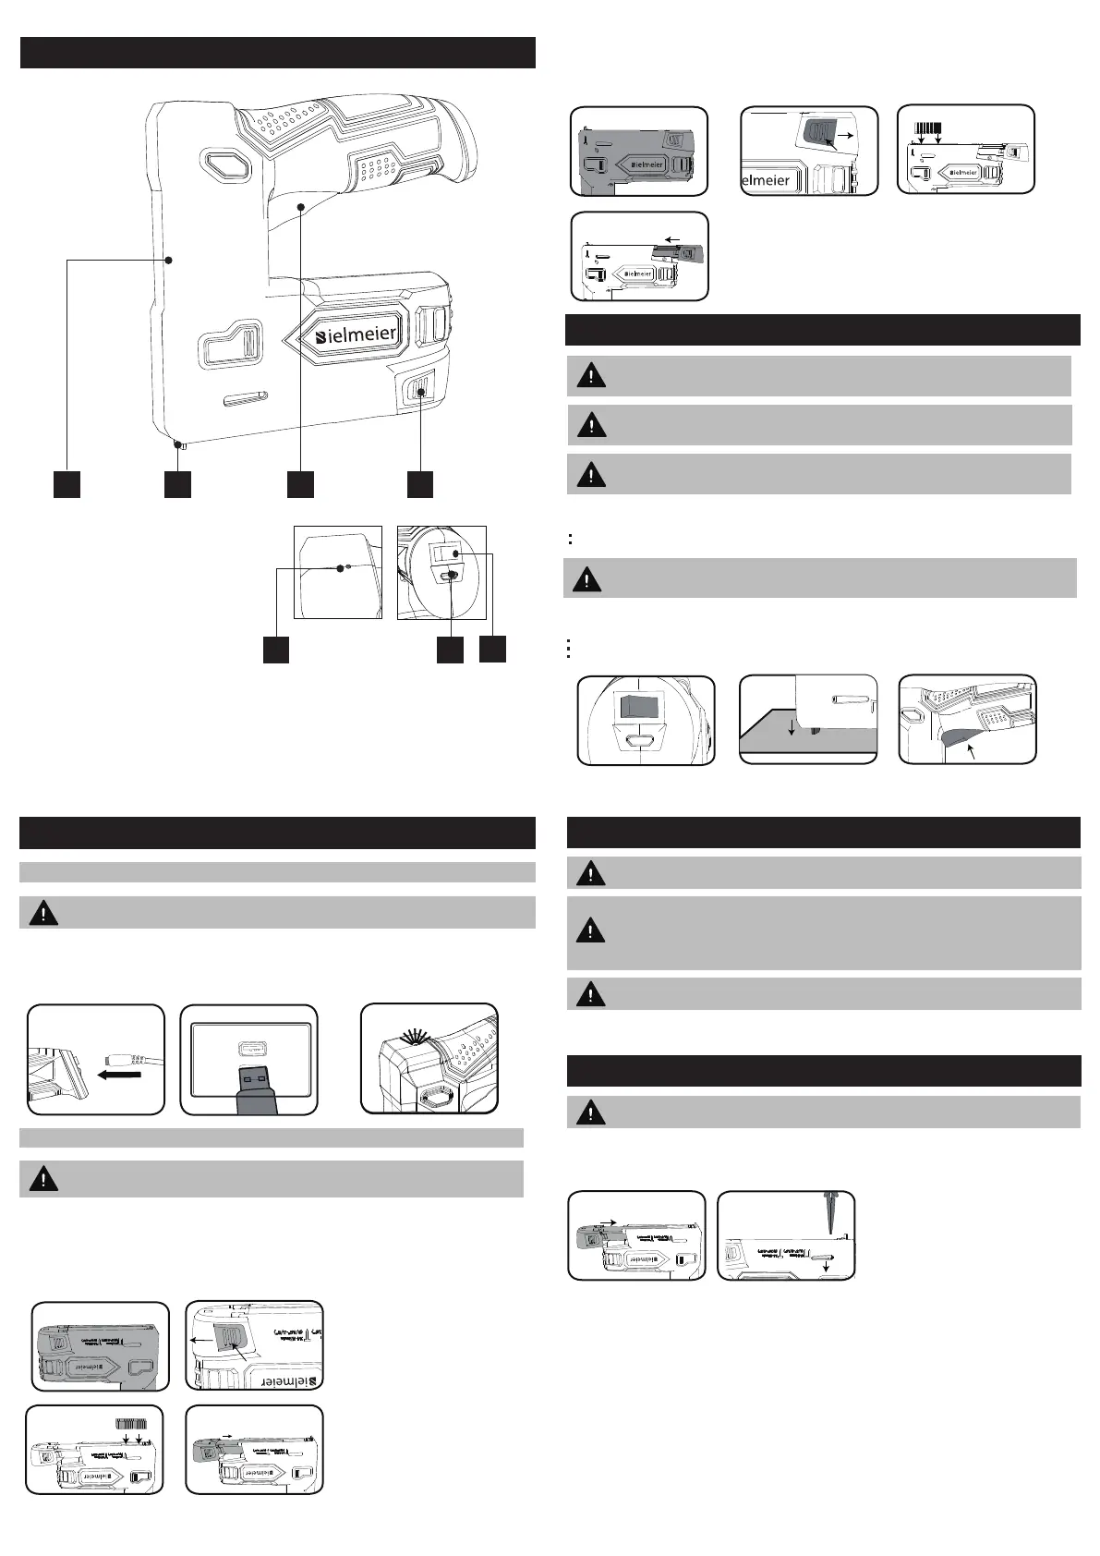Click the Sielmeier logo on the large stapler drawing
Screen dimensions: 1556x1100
click(x=355, y=334)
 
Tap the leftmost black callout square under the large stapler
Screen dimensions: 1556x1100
click(x=66, y=484)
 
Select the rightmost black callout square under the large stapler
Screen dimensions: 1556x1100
click(x=420, y=484)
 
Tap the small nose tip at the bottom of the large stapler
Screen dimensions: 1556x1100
click(x=181, y=446)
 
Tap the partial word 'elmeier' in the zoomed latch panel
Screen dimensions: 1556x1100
click(x=766, y=181)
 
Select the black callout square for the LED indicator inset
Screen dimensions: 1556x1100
click(x=275, y=649)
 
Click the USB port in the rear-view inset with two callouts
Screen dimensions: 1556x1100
click(x=451, y=577)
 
